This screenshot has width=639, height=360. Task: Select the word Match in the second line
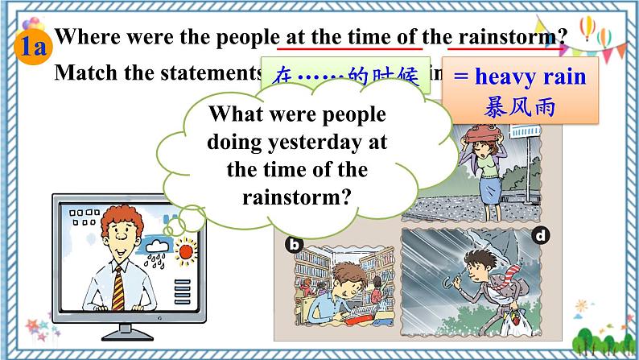(x=83, y=72)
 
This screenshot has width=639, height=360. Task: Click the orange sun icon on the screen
(x=187, y=252)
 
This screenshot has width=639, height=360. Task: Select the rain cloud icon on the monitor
(x=156, y=242)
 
